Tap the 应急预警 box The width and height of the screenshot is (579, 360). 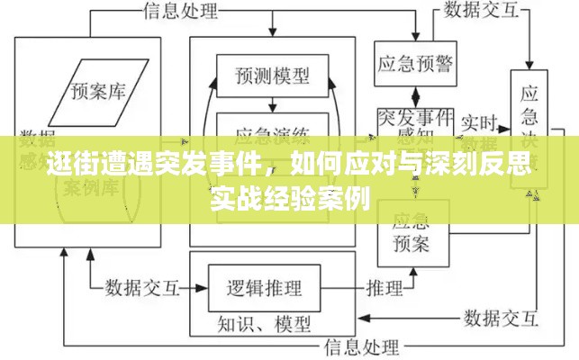413,64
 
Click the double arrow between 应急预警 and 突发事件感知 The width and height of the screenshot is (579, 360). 413,96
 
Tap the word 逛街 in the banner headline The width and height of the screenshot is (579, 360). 67,167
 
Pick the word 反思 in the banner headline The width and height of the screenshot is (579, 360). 511,167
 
